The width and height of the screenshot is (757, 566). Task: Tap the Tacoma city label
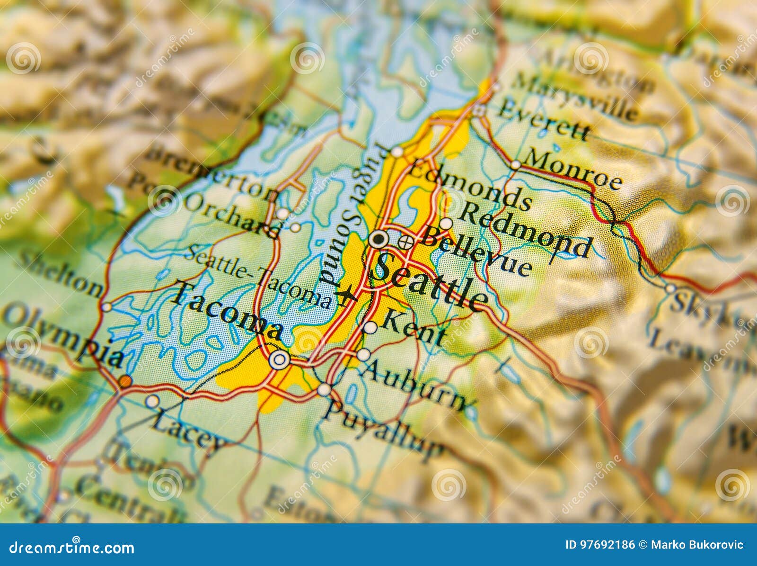point(227,312)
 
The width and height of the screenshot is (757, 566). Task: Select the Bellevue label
point(475,252)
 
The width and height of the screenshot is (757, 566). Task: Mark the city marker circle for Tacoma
point(279,360)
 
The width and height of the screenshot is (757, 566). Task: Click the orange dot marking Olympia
point(125,381)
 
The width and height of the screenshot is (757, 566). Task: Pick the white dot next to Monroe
point(515,165)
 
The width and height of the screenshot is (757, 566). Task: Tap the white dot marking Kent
point(370,327)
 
